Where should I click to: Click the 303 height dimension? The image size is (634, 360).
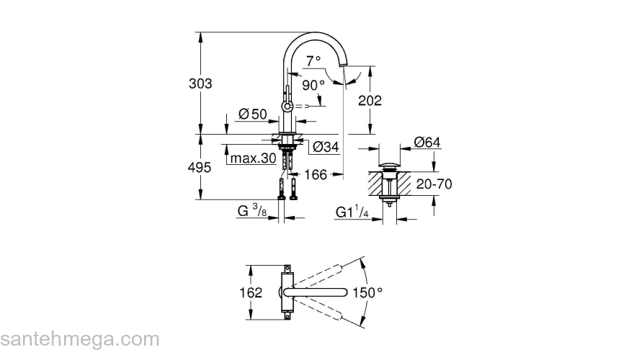click(x=200, y=84)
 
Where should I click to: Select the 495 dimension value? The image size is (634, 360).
click(x=200, y=167)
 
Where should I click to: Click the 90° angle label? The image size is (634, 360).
click(x=313, y=85)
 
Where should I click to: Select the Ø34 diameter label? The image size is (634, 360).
click(x=326, y=148)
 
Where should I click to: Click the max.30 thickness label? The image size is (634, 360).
click(x=253, y=158)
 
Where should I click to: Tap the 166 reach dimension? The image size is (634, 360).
click(x=317, y=174)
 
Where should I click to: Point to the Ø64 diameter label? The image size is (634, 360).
click(x=427, y=143)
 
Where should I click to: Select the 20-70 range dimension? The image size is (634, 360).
click(x=434, y=184)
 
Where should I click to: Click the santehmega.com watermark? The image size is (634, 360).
click(x=79, y=338)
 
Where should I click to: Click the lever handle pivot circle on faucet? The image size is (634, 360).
click(x=287, y=107)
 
